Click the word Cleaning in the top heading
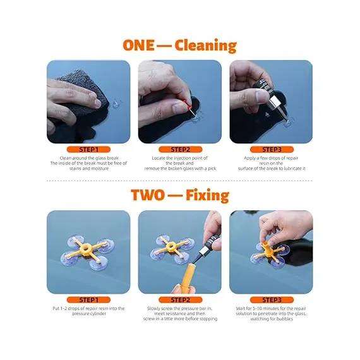(x=205, y=45)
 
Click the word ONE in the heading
(x=138, y=45)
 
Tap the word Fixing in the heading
(x=207, y=195)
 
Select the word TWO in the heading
(x=148, y=195)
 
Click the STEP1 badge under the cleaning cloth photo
(x=88, y=150)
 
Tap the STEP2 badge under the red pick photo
(x=180, y=150)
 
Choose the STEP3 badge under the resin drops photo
(x=272, y=150)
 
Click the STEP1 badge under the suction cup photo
(x=88, y=300)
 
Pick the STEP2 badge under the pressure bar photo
(x=180, y=300)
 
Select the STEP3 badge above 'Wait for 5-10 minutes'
(x=272, y=300)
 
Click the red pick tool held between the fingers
(x=189, y=108)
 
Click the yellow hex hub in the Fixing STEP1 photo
(x=86, y=248)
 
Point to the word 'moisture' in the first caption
(x=99, y=169)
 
